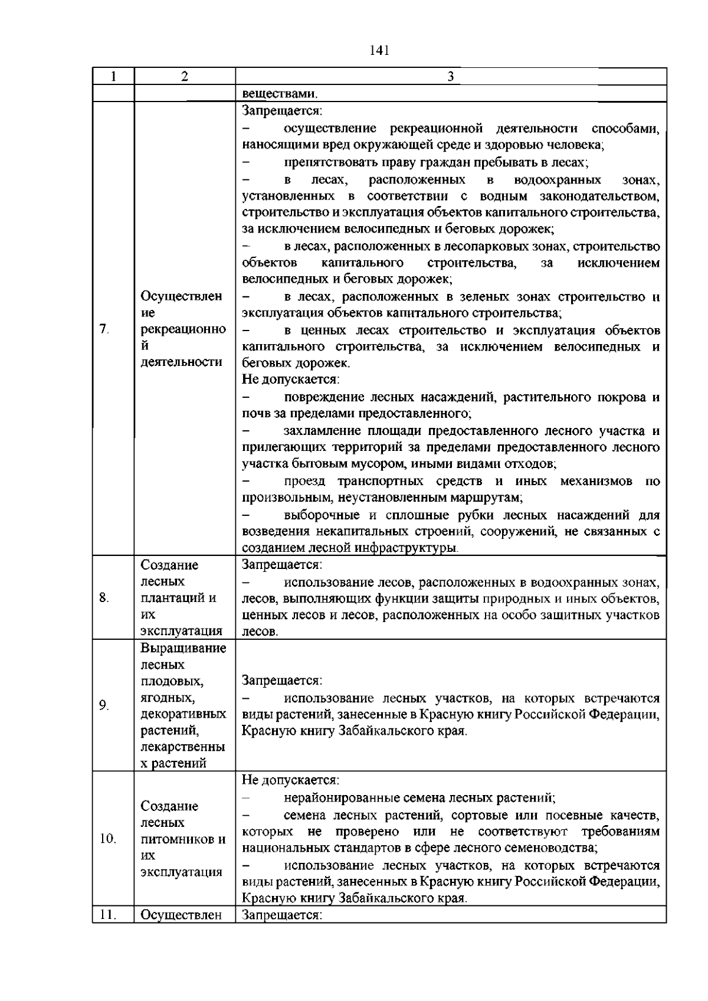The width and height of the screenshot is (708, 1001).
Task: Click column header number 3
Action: click(x=451, y=76)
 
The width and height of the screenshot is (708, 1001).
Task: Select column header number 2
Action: click(x=185, y=76)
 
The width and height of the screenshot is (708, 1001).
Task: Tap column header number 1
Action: click(x=113, y=76)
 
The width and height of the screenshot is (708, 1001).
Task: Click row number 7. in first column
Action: click(x=104, y=329)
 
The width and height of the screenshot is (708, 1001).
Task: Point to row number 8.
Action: click(x=104, y=598)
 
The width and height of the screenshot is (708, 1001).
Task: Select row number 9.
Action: click(x=104, y=705)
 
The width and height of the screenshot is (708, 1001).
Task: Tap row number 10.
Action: click(x=107, y=839)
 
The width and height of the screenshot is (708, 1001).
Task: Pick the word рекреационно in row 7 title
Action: click(x=183, y=329)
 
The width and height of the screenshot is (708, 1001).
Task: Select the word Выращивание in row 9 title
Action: click(x=183, y=648)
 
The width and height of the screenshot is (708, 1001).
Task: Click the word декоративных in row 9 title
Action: click(x=183, y=714)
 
